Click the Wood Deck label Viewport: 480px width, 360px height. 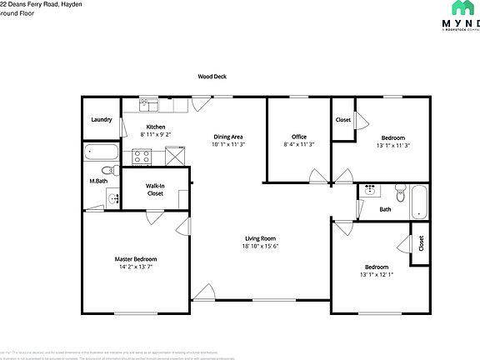tap(212, 76)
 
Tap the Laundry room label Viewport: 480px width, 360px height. tap(102, 120)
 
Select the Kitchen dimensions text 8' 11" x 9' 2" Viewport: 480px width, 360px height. tap(156, 134)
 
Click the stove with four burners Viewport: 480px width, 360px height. tap(141, 156)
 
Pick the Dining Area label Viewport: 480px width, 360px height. tap(227, 137)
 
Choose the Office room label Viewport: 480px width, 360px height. tap(299, 137)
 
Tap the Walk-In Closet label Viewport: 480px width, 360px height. tap(155, 189)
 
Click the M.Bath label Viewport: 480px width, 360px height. tap(97, 181)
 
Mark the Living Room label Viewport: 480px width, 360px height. tap(260, 238)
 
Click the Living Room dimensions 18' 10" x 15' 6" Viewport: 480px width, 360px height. tap(260, 246)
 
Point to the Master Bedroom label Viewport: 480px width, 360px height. tap(136, 259)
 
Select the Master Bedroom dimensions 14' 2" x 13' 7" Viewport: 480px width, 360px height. tap(136, 267)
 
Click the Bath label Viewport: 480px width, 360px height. tap(385, 209)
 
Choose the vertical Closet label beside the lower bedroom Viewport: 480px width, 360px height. tap(421, 242)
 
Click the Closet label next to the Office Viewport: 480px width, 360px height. tap(343, 120)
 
